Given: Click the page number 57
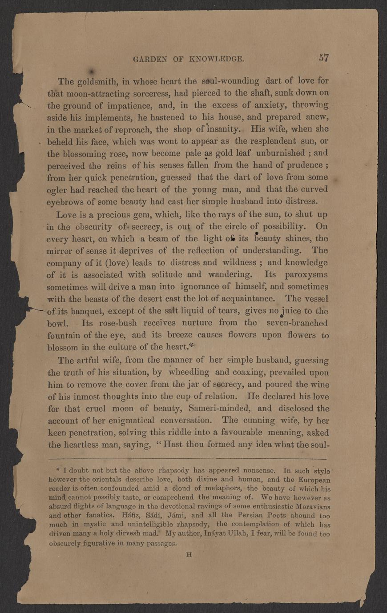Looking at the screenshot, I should click(323, 58).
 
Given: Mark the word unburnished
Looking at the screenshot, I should click(286, 153).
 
